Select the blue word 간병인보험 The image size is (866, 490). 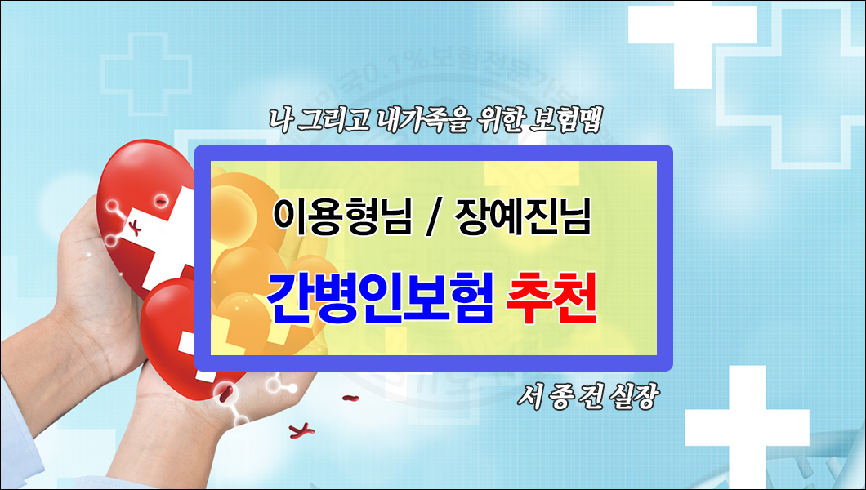click(x=380, y=300)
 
